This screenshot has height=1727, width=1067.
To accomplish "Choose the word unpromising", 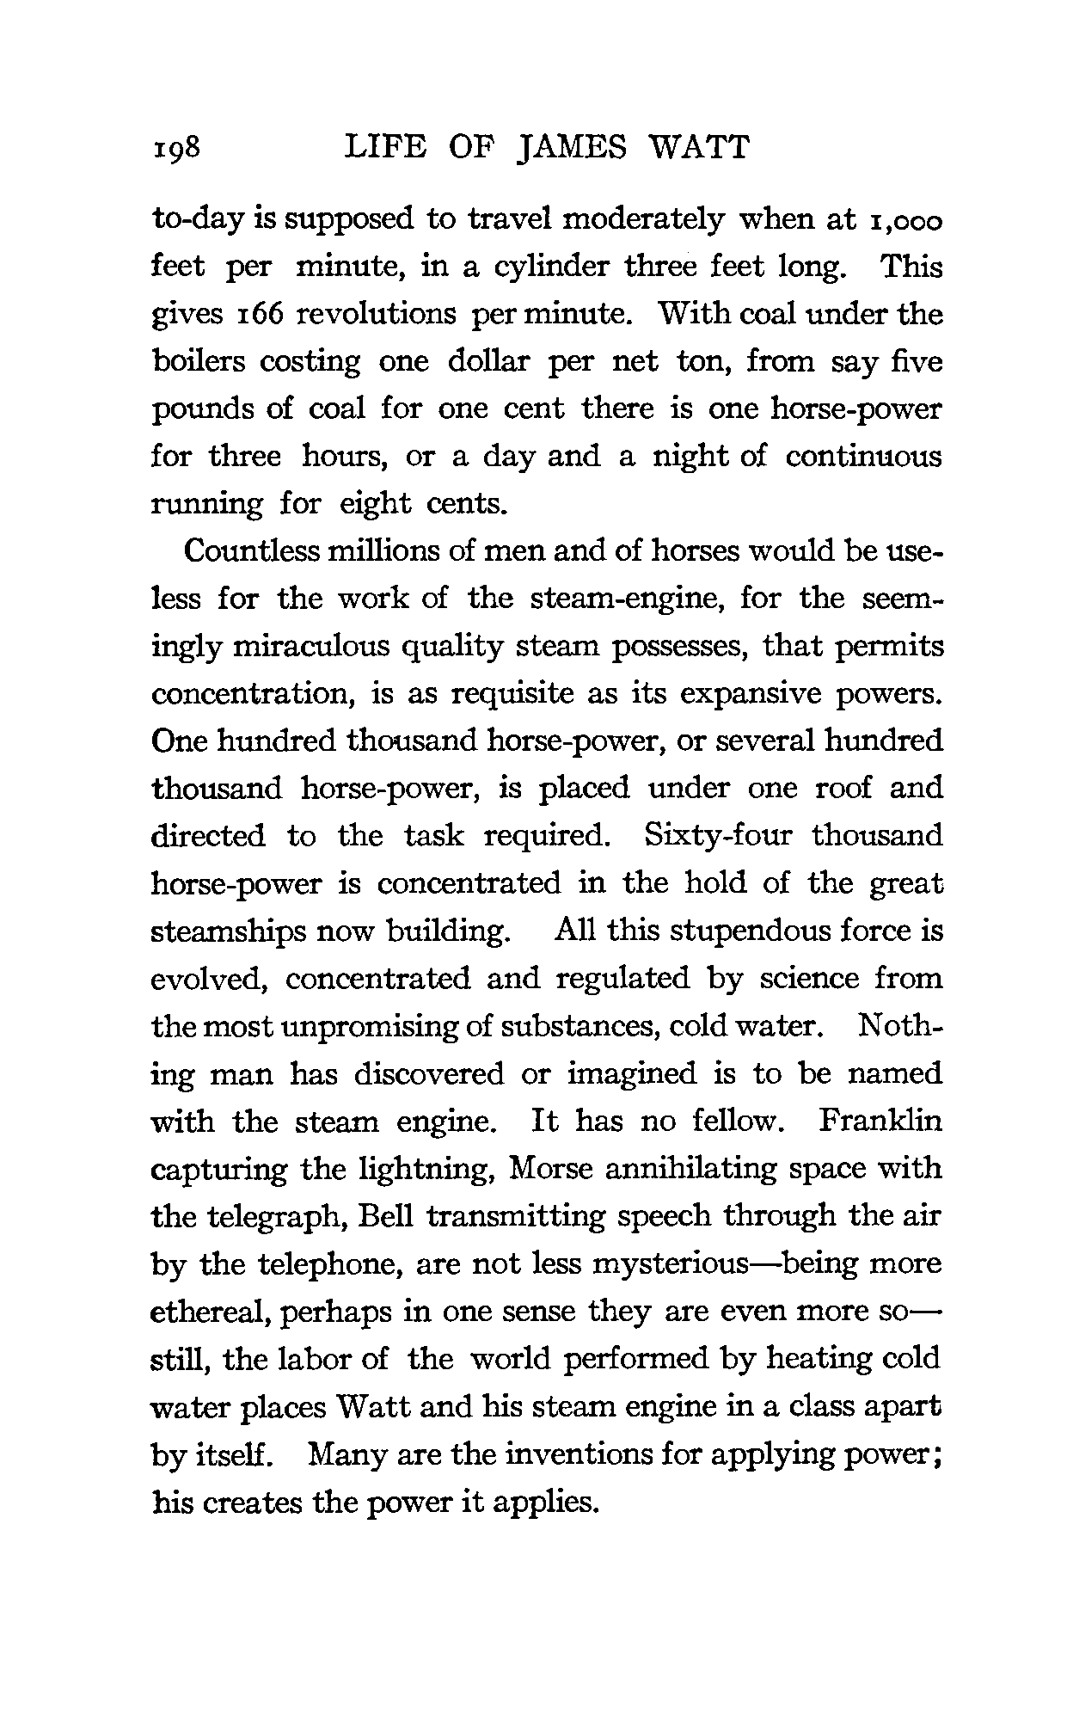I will [x=360, y=1027].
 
